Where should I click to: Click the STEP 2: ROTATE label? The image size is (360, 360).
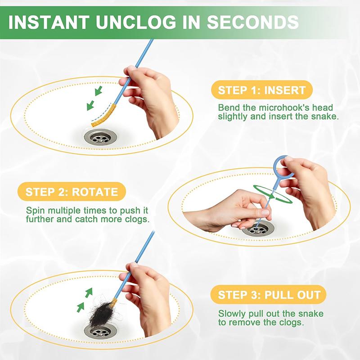(72, 192)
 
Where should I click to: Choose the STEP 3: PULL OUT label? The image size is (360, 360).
(269, 295)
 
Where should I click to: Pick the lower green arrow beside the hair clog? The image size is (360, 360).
(81, 307)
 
